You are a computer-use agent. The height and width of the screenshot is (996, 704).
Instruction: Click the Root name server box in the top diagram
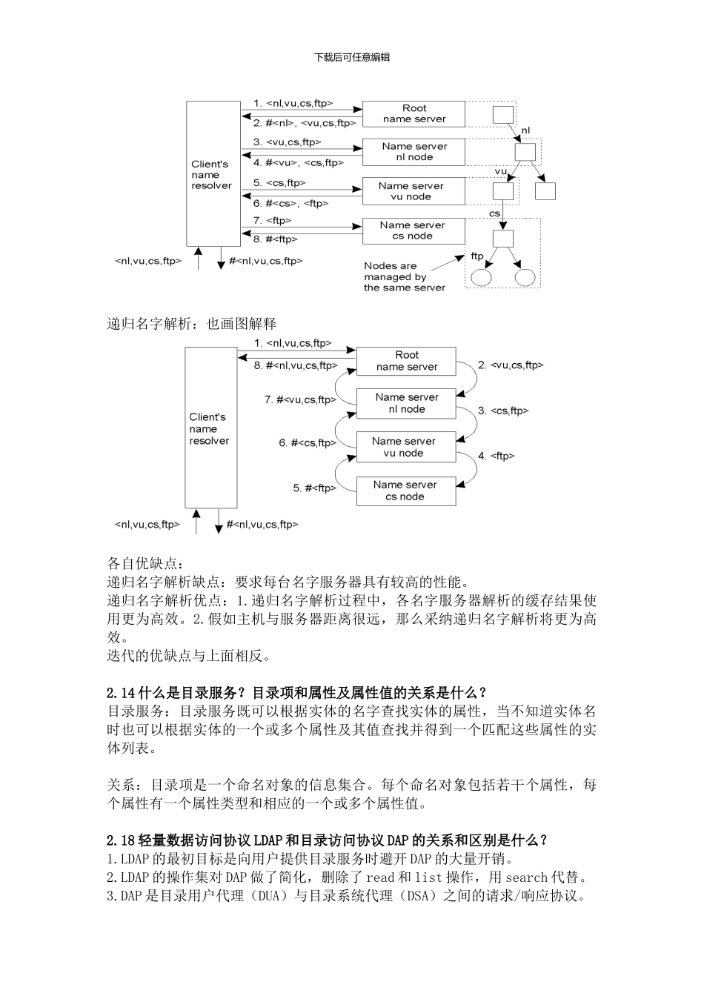coord(414,113)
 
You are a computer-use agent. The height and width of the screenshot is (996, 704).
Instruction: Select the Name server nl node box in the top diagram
coord(414,152)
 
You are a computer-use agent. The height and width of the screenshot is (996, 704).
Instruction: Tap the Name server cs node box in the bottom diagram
coord(405,491)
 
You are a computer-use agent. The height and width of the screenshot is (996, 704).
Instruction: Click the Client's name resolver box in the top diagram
coord(213,175)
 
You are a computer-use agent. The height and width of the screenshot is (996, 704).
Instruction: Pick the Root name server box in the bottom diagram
coord(406,361)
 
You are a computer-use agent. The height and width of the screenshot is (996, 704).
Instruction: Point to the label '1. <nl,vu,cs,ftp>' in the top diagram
coord(293,103)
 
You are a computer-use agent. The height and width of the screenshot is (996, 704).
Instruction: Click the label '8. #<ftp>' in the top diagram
coord(275,239)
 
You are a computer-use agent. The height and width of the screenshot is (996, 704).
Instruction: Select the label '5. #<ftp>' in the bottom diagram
coord(314,488)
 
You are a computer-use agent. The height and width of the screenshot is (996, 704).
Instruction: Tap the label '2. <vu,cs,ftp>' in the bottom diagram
coord(511,365)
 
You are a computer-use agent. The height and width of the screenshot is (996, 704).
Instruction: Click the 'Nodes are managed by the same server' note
coord(404,276)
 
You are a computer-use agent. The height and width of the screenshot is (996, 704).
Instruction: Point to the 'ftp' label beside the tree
coord(477,256)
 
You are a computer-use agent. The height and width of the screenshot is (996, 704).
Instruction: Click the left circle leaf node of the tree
coord(482,278)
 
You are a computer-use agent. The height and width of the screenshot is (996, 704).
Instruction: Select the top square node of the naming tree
coord(503,114)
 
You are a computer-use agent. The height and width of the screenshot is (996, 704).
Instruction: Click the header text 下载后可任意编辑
coord(352,57)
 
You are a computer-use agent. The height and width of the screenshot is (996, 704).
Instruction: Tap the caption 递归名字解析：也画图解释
coord(192,324)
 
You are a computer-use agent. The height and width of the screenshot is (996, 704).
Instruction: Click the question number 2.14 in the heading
coord(121,694)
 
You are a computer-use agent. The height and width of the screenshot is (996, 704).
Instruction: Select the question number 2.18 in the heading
coord(121,840)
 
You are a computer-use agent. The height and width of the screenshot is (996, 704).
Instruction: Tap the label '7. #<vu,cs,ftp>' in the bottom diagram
coord(300,399)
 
